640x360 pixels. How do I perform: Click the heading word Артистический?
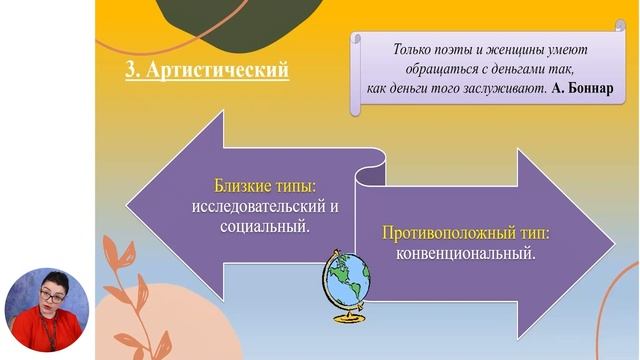point(221,72)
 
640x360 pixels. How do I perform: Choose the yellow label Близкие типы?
point(262,187)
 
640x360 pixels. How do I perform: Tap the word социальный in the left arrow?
point(262,227)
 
